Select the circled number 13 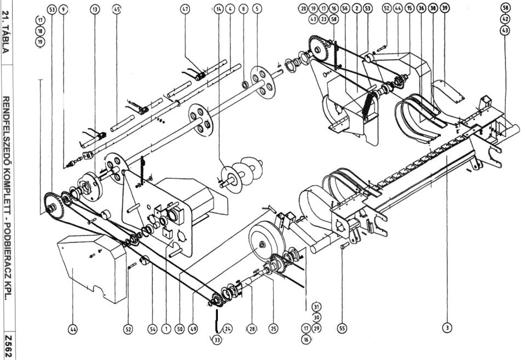(96, 9)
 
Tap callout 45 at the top (117, 9)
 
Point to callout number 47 (185, 9)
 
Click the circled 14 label (220, 9)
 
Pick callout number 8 (244, 9)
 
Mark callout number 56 (344, 9)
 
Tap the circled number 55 (342, 328)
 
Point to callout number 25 (273, 329)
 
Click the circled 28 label (251, 329)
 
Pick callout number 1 (165, 329)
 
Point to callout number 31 (316, 306)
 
